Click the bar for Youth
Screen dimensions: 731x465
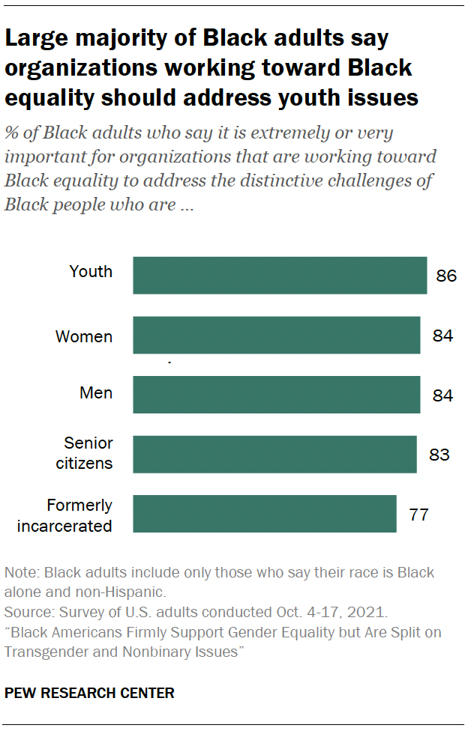pyautogui.click(x=280, y=275)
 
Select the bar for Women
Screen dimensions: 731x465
pyautogui.click(x=277, y=335)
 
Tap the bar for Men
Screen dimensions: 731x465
pyautogui.click(x=277, y=395)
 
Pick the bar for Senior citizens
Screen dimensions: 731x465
pyautogui.click(x=274, y=455)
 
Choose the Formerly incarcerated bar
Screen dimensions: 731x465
pyautogui.click(x=265, y=514)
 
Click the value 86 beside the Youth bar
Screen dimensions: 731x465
pyautogui.click(x=446, y=276)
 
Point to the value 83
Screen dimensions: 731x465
pyautogui.click(x=439, y=455)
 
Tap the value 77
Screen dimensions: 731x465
pyautogui.click(x=419, y=515)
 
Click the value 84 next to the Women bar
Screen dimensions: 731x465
pyautogui.click(x=442, y=336)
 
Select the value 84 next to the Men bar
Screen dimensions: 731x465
pyautogui.click(x=442, y=395)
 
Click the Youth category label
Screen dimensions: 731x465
pyautogui.click(x=91, y=271)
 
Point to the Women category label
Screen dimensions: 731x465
pyautogui.click(x=84, y=337)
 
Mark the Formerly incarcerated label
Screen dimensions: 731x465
pyautogui.click(x=65, y=515)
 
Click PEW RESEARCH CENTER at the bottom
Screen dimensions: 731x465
pyautogui.click(x=89, y=694)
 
